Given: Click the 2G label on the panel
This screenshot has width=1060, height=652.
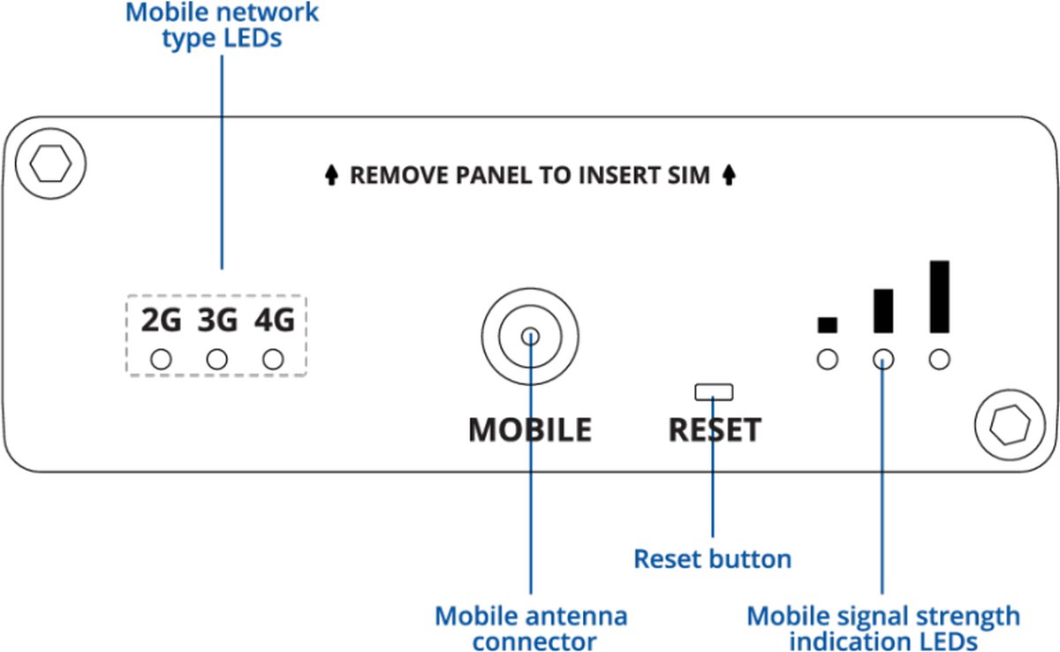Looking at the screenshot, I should (x=161, y=321).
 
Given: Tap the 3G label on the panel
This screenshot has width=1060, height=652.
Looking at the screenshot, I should (x=217, y=321).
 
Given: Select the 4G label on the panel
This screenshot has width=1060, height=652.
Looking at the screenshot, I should (x=274, y=321).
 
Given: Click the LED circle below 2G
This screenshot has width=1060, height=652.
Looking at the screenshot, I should (x=161, y=360).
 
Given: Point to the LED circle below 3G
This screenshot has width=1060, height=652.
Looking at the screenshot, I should (x=217, y=360).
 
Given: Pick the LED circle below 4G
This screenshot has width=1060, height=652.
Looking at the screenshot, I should (x=274, y=360).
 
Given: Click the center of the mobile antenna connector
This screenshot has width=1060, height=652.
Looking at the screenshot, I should (x=530, y=336).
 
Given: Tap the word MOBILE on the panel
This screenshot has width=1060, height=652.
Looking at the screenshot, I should (x=530, y=430).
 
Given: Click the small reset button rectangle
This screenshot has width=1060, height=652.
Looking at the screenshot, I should (x=714, y=391).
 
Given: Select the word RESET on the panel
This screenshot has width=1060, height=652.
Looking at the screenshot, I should (x=715, y=430).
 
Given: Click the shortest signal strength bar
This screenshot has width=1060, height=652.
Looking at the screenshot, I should (x=827, y=325).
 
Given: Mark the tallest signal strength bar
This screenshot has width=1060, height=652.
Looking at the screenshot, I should (x=940, y=297).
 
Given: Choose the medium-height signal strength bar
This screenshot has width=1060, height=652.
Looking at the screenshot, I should (x=883, y=311).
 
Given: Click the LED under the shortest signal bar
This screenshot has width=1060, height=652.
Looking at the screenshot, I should (x=827, y=360).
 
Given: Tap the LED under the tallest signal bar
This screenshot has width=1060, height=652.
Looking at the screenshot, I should (x=940, y=360).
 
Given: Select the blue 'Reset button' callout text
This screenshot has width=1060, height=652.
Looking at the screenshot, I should (x=713, y=558).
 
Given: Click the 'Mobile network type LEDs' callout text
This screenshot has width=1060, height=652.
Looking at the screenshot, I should (x=222, y=26).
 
